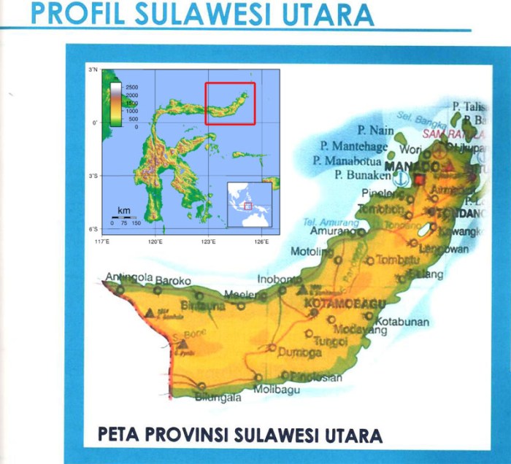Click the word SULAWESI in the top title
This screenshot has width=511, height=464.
(x=217, y=14)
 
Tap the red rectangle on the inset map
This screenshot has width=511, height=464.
(x=230, y=103)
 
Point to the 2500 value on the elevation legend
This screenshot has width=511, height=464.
(x=131, y=87)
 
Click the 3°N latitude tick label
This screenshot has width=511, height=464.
(x=93, y=70)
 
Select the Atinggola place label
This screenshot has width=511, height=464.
(x=128, y=278)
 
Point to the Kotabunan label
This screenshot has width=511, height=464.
(x=402, y=321)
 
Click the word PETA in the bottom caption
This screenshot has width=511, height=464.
(x=119, y=435)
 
